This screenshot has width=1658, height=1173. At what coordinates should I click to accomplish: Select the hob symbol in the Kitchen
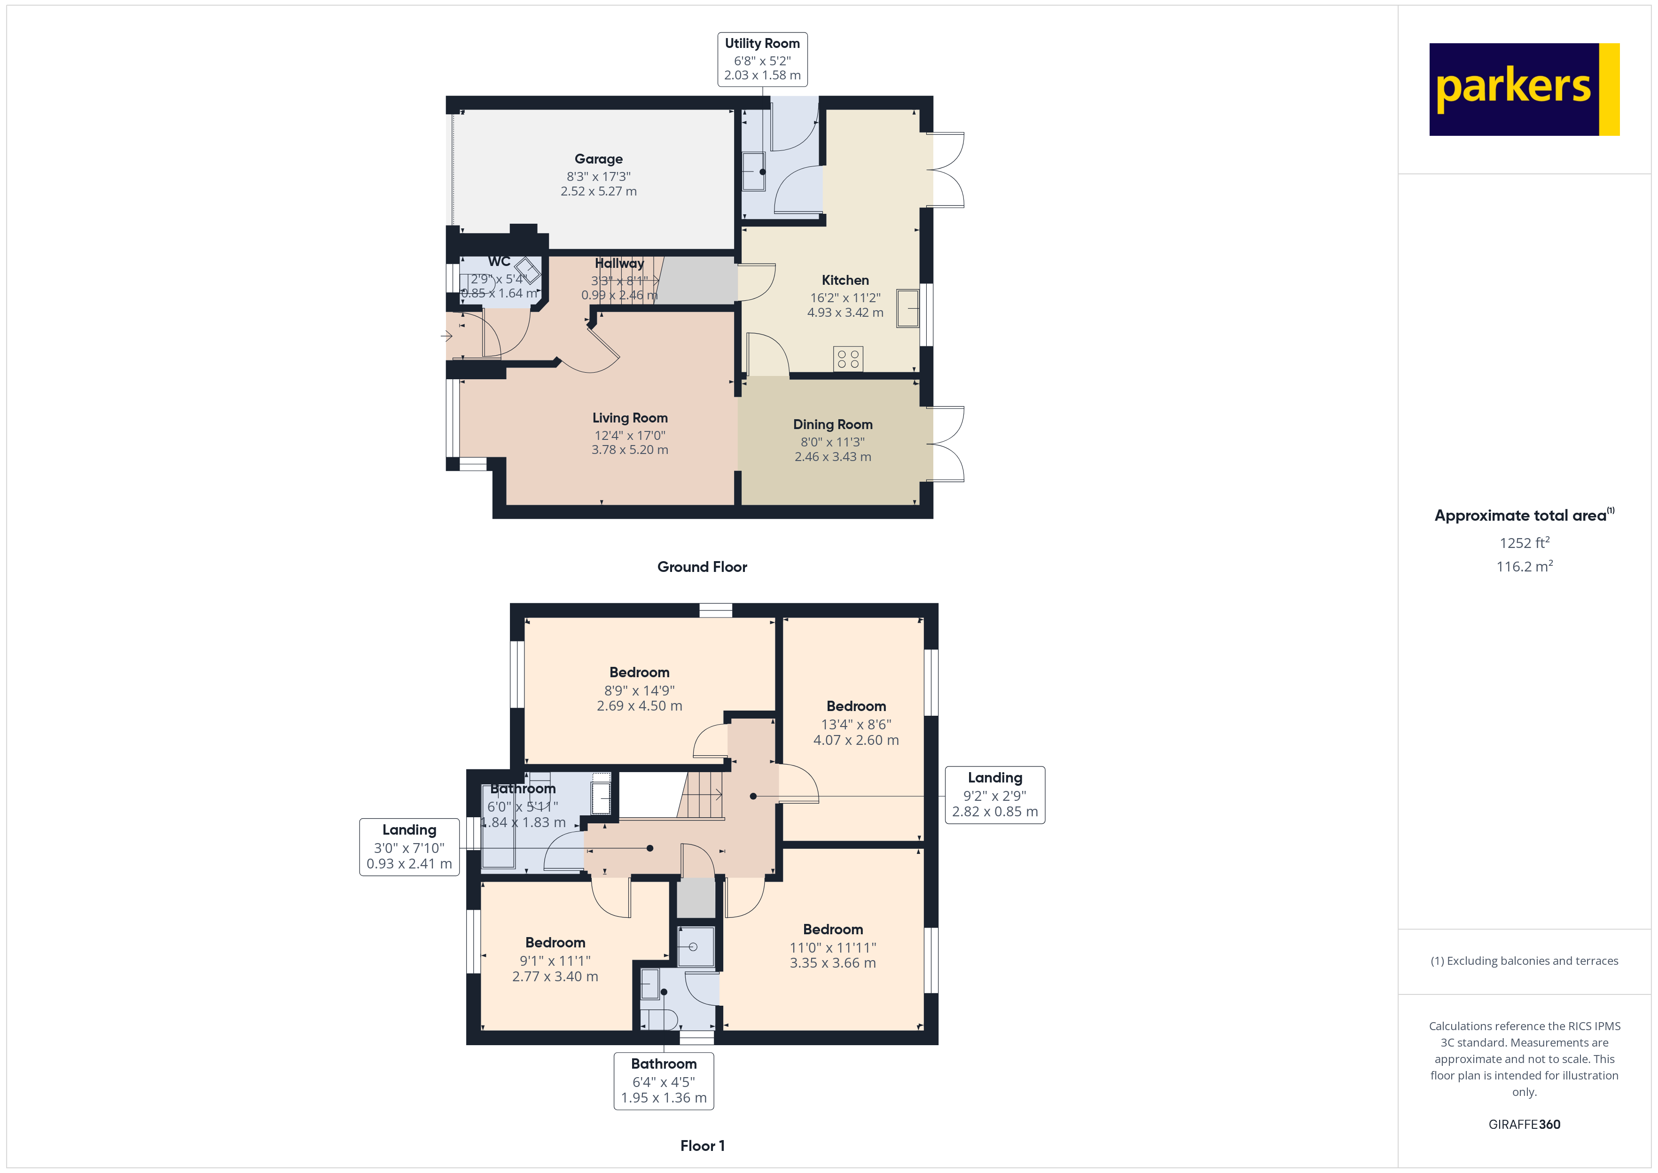(x=848, y=359)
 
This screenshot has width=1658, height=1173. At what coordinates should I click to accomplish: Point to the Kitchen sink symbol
(x=907, y=308)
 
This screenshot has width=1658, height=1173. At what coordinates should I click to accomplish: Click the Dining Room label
(x=833, y=425)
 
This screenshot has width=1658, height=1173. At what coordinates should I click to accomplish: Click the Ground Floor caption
(x=702, y=567)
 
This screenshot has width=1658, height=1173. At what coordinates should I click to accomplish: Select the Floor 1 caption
(x=702, y=1146)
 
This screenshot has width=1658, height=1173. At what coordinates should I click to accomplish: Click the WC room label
(x=499, y=261)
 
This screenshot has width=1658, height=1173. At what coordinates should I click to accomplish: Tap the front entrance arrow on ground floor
(x=447, y=336)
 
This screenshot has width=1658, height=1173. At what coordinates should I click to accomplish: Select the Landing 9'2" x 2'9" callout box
(x=994, y=795)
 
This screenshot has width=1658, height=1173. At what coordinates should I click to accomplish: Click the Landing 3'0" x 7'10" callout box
(x=409, y=846)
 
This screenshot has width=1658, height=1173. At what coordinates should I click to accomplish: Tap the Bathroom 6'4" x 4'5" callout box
(x=664, y=1080)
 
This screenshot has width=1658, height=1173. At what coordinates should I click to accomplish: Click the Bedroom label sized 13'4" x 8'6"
(x=856, y=706)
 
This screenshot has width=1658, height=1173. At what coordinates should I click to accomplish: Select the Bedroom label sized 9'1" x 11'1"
(x=555, y=943)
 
